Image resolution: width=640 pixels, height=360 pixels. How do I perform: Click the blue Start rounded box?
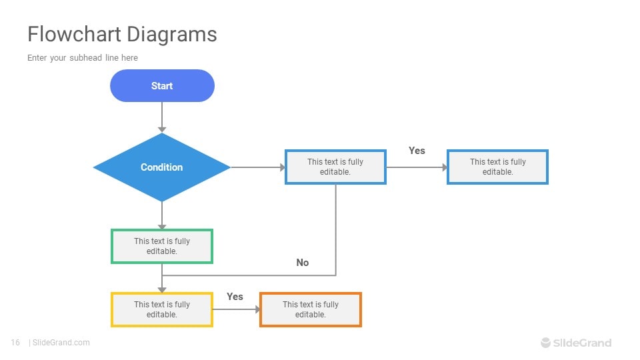pos(162,86)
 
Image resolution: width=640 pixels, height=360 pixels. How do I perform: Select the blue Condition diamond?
pos(162,167)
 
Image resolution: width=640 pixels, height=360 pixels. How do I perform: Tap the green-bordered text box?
pos(162,246)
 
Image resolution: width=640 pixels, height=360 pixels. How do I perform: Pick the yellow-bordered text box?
pos(162,309)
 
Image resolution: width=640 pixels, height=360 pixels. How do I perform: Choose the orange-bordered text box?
pos(310,309)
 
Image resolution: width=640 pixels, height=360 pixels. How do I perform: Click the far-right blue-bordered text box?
pos(497,167)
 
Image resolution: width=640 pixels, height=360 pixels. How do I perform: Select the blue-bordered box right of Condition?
pos(335,167)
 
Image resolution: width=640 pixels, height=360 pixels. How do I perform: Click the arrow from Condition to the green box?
pos(162,215)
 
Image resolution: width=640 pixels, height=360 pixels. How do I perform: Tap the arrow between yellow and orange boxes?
pos(236,309)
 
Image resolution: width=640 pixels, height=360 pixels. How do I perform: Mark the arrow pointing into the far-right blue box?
pos(417,167)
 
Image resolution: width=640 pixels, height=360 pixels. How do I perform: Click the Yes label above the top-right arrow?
pos(417,151)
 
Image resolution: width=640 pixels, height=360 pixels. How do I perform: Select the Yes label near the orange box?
pos(235,297)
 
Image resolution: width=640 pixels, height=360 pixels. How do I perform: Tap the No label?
pos(303,263)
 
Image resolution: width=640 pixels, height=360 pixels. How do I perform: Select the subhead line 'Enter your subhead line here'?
pos(83,58)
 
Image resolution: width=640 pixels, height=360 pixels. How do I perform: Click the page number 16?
pos(15,343)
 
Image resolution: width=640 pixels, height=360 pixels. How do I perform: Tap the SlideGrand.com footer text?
pos(61,343)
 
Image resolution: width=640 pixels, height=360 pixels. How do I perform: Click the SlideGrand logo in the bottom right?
pos(575,343)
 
